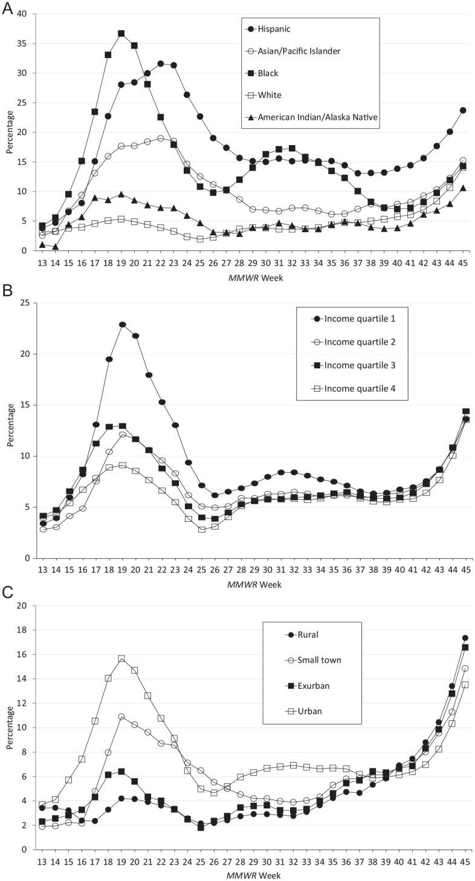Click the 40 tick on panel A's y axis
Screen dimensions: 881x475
22,14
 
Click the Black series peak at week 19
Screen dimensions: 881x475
121,34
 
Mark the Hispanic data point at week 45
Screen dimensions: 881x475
462,110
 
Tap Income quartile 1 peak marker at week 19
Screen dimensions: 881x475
122,325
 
